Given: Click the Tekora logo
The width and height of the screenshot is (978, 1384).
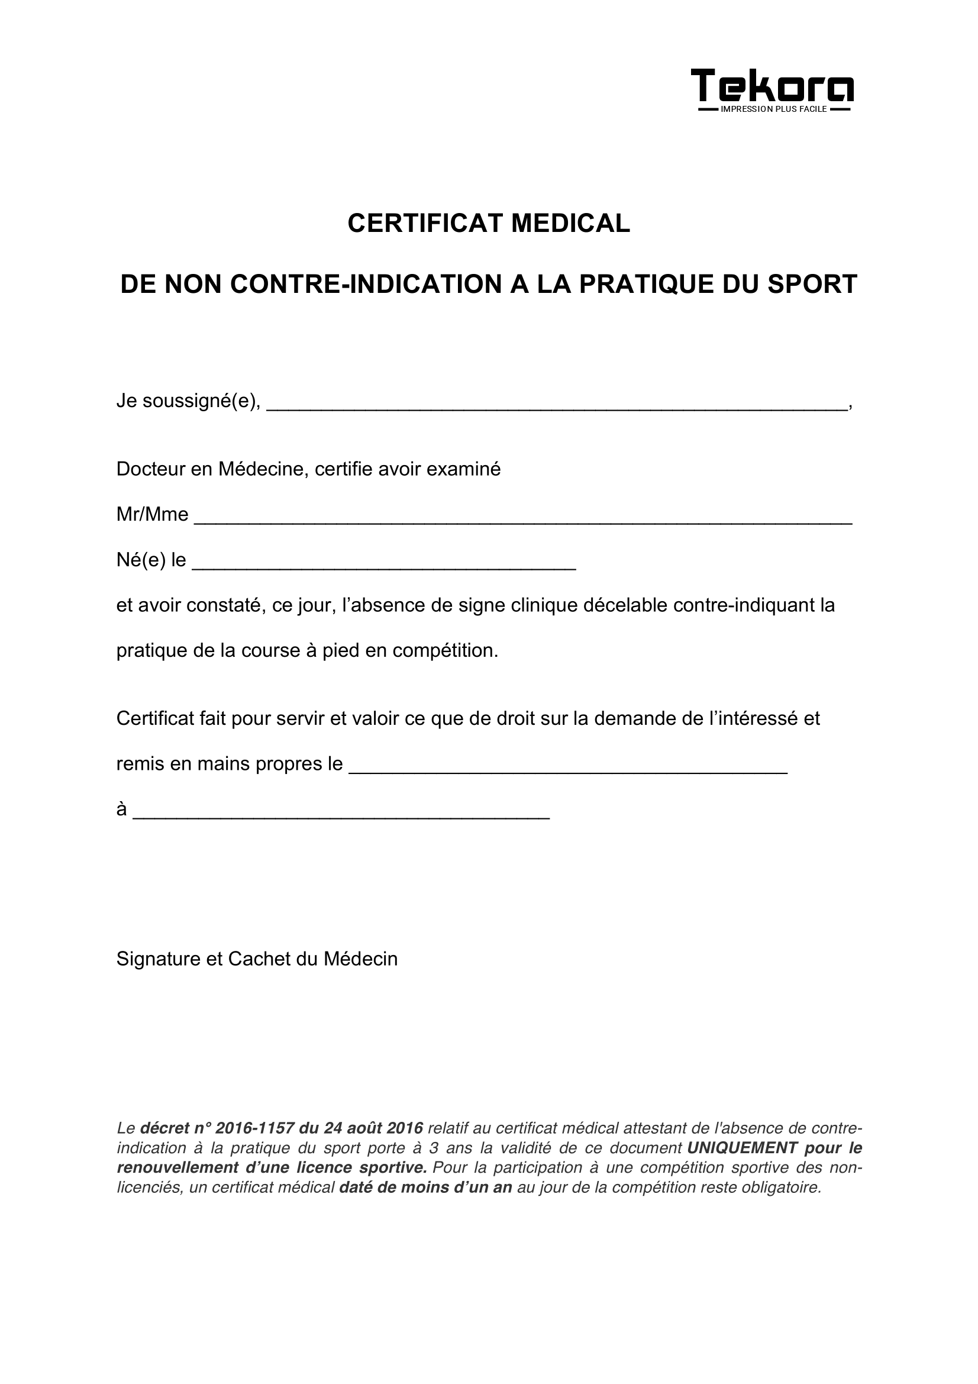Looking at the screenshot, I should click(772, 86).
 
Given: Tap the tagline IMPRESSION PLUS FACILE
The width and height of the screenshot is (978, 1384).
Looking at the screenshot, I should click(774, 109).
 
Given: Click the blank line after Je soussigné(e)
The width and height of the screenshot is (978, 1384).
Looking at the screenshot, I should click(556, 406).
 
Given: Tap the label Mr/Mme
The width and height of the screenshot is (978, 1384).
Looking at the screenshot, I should click(152, 514).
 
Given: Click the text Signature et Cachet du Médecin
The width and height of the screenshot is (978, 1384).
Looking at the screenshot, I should click(257, 959).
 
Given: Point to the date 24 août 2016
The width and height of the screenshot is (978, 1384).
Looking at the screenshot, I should click(373, 1128).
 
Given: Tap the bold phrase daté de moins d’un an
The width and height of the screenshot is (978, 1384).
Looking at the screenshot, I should click(425, 1188).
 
